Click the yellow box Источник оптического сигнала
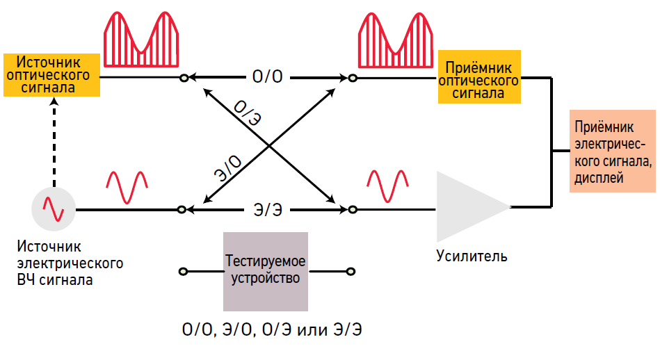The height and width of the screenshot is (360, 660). pyautogui.click(x=51, y=75)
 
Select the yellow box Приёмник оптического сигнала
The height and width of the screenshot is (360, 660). pyautogui.click(x=478, y=77)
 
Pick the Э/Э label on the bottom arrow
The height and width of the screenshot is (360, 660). pyautogui.click(x=268, y=208)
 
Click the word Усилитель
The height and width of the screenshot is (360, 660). pyautogui.click(x=472, y=256)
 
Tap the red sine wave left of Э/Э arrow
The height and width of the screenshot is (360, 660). pyautogui.click(x=127, y=186)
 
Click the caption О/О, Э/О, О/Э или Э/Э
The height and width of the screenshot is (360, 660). pyautogui.click(x=271, y=329)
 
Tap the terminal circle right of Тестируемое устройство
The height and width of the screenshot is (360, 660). pyautogui.click(x=352, y=271)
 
